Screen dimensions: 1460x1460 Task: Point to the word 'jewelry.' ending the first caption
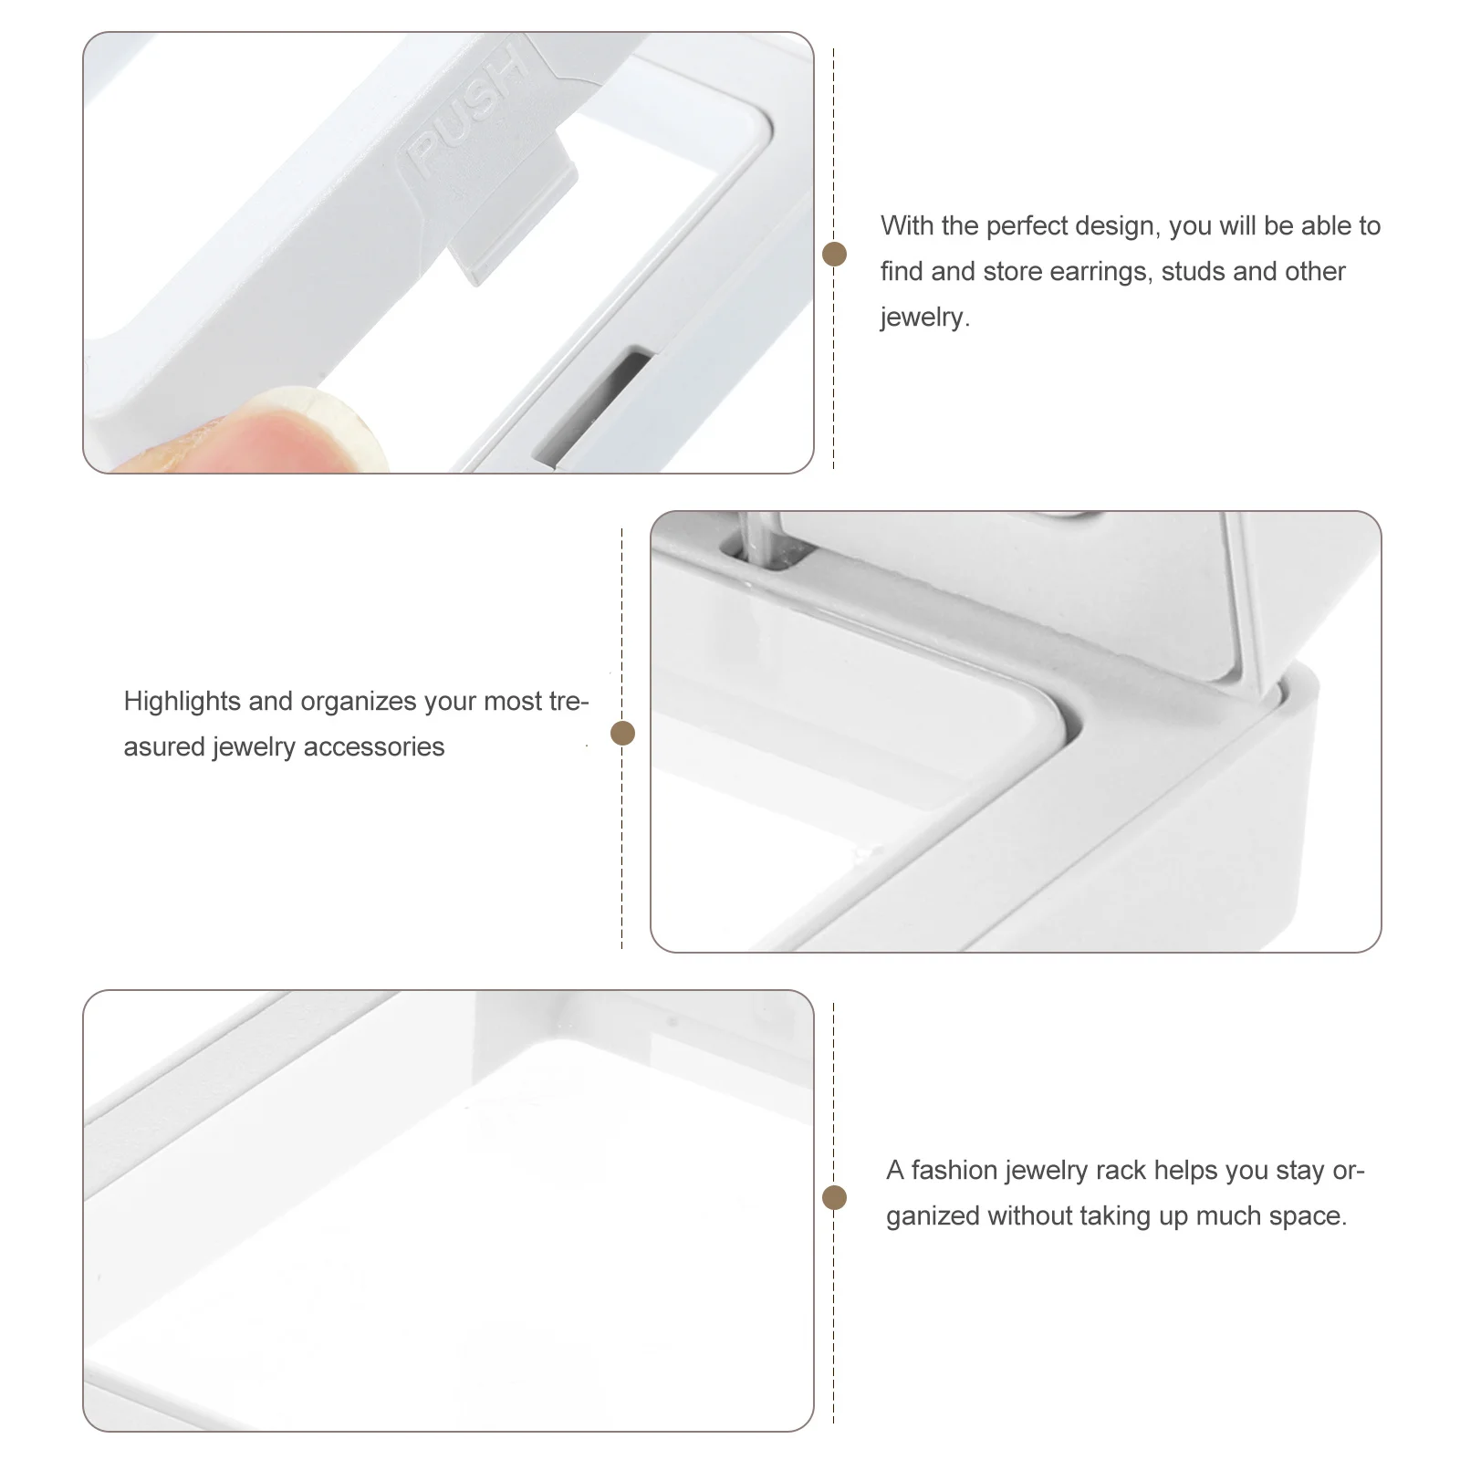[924, 318]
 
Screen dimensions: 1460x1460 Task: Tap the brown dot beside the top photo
[834, 255]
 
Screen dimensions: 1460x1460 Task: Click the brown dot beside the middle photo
[622, 733]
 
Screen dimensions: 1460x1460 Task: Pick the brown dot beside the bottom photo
[834, 1198]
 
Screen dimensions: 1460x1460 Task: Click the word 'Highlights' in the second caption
[182, 702]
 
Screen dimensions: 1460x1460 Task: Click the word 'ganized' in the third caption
[933, 1216]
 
